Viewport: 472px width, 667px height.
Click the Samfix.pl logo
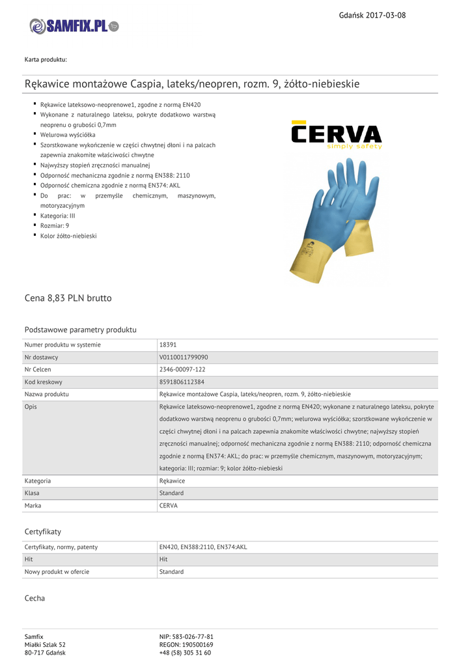click(74, 26)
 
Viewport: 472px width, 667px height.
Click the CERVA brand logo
click(336, 135)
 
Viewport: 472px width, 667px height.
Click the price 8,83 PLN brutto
click(68, 298)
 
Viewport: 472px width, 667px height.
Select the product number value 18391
click(168, 345)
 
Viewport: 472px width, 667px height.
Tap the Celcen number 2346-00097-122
click(182, 369)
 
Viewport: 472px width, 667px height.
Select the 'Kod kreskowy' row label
click(44, 382)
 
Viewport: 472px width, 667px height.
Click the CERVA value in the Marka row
click(168, 505)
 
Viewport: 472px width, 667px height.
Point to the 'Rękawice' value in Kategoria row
click(172, 481)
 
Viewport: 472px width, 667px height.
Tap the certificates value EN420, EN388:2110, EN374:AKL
click(203, 547)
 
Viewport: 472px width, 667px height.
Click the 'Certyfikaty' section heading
click(43, 532)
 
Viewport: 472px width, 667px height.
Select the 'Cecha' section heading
click(35, 598)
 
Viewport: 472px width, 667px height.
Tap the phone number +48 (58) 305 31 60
click(185, 653)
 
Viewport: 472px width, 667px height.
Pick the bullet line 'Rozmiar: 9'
click(55, 225)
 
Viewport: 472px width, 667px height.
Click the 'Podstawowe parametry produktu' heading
click(80, 330)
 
